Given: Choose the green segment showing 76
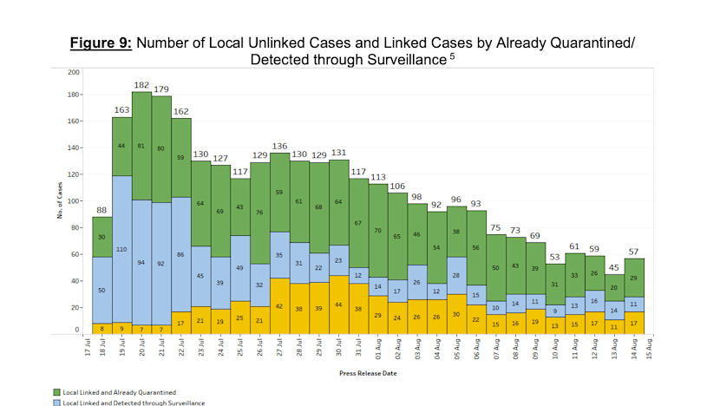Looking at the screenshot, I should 260,213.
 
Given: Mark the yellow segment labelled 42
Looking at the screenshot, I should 280,305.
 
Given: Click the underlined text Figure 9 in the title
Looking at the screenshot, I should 100,42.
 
